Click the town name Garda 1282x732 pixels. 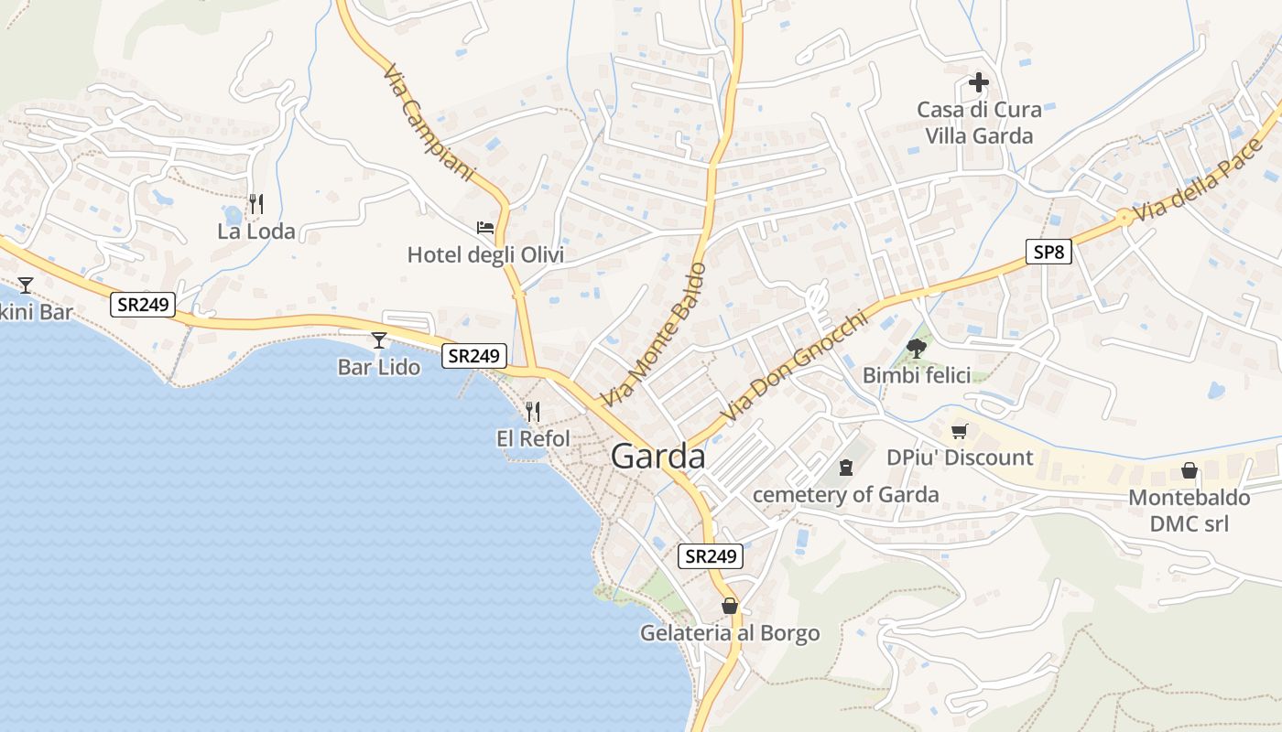pos(657,457)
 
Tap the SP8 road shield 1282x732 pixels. pos(1048,252)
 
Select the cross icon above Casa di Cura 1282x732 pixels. pos(979,83)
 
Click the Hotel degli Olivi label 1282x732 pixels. pos(485,255)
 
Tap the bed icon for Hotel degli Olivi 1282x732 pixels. pos(485,227)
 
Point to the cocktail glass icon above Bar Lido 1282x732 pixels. pos(379,340)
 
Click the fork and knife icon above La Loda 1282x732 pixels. pos(256,203)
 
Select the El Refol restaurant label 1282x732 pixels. pos(533,439)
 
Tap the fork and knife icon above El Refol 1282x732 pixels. pos(533,412)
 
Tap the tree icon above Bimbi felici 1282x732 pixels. pos(916,348)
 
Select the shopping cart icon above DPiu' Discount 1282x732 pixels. pos(960,430)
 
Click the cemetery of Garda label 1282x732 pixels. pos(845,495)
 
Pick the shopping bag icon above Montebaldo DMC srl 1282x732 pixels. pos(1189,470)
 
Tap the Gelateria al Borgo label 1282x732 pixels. pos(729,633)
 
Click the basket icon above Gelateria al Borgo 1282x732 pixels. pos(730,606)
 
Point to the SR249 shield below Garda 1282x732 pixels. pos(711,555)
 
